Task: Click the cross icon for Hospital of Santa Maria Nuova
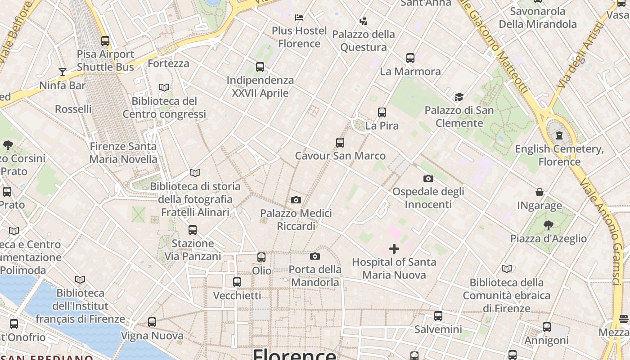coord(394,249)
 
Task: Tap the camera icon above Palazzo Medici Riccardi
coord(296,200)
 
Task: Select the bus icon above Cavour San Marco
coord(340,143)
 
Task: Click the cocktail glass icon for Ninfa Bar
coord(63,72)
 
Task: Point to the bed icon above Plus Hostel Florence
coord(299,18)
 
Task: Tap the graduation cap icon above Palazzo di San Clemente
coord(459,97)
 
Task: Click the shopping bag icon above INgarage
coord(540,193)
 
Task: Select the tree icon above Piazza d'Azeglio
coord(548,225)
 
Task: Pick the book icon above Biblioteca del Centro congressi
coord(164,88)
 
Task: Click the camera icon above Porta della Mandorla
coord(315,256)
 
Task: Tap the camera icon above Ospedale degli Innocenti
coord(428,179)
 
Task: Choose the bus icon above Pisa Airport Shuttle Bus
coord(105,41)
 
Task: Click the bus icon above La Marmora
coord(410,58)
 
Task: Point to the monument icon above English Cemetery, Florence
coord(559,135)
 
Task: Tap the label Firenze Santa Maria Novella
coord(123,153)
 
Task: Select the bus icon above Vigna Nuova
coord(152,323)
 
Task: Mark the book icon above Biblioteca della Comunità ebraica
coord(507,269)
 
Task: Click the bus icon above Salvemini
coord(438,316)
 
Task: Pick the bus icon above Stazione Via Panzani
coord(193,230)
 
